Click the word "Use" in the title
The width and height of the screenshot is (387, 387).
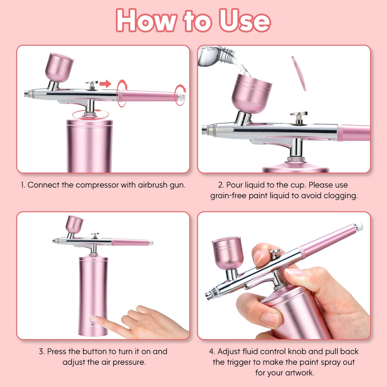pyautogui.click(x=244, y=21)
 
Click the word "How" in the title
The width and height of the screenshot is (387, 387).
pyautogui.click(x=146, y=21)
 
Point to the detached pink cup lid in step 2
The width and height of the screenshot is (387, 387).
pyautogui.click(x=299, y=73)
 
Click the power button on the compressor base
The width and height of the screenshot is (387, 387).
pyautogui.click(x=93, y=319)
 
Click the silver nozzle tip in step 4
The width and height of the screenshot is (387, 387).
pyautogui.click(x=209, y=295)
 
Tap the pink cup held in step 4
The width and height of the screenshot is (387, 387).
pyautogui.click(x=228, y=253)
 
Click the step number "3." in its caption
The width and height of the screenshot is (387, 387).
pyautogui.click(x=42, y=351)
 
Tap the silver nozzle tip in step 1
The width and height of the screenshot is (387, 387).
pyautogui.click(x=26, y=94)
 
